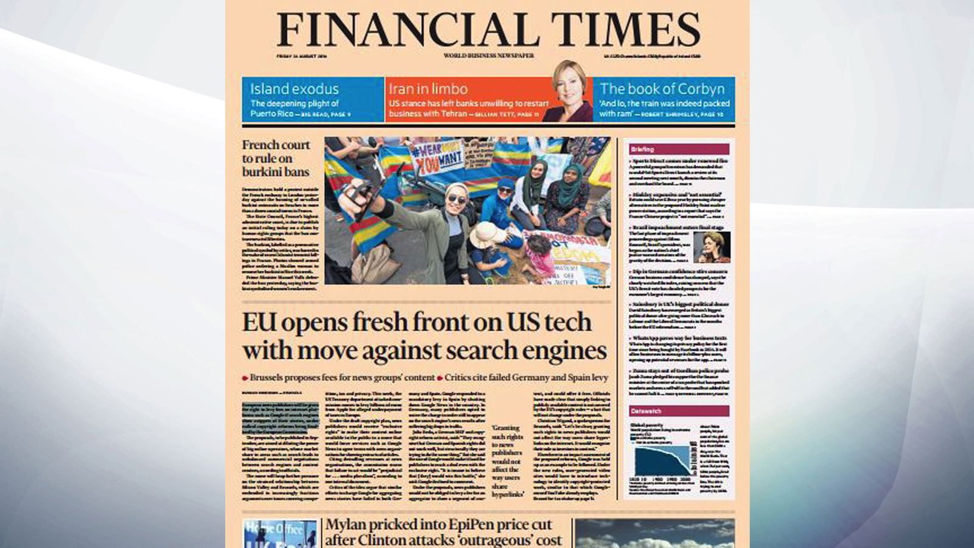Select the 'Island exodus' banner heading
click(x=294, y=89)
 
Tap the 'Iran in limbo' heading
click(x=428, y=89)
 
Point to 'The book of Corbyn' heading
click(x=662, y=89)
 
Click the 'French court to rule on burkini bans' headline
click(x=276, y=158)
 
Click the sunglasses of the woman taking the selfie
click(x=457, y=200)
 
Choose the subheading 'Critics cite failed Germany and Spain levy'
click(x=526, y=378)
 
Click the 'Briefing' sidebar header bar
click(x=679, y=149)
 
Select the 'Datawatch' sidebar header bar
click(x=679, y=411)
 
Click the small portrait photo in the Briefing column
click(x=712, y=247)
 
